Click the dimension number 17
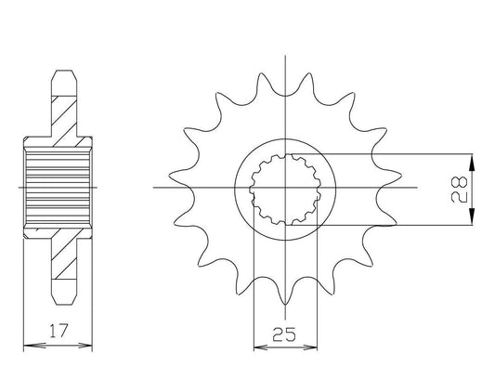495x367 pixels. tap(59, 331)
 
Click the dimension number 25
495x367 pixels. tap(285, 334)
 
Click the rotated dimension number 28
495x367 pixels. tap(459, 190)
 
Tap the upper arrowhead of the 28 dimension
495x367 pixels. tap(472, 163)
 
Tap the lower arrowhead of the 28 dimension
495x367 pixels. tap(472, 216)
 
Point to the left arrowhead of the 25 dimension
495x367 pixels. tap(261, 347)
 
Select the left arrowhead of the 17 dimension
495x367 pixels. tap(31, 346)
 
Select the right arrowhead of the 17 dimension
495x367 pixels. tap(85, 346)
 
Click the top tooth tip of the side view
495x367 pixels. tap(64, 71)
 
